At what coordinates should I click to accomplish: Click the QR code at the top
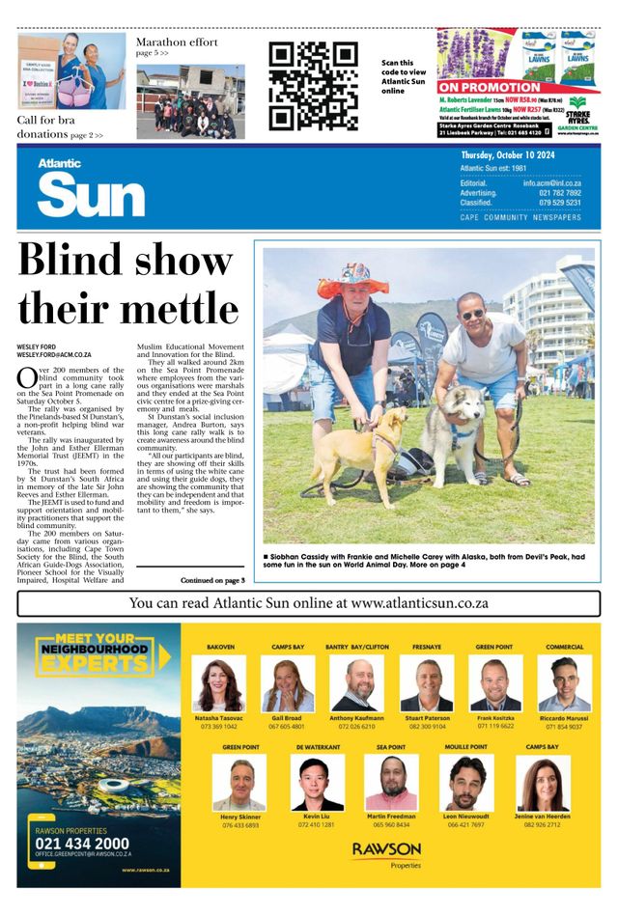(x=313, y=85)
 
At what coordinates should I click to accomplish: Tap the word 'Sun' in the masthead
(x=91, y=196)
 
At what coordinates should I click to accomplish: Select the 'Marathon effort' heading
(x=177, y=42)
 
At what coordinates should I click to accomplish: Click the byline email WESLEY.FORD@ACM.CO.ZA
(x=54, y=355)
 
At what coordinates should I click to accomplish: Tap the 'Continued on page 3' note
(x=212, y=580)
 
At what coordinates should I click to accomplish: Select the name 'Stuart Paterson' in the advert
(x=429, y=718)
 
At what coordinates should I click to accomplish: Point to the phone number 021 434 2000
(x=81, y=842)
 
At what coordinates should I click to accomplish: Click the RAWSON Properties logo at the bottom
(x=386, y=853)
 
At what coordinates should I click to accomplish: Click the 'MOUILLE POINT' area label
(x=465, y=747)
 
